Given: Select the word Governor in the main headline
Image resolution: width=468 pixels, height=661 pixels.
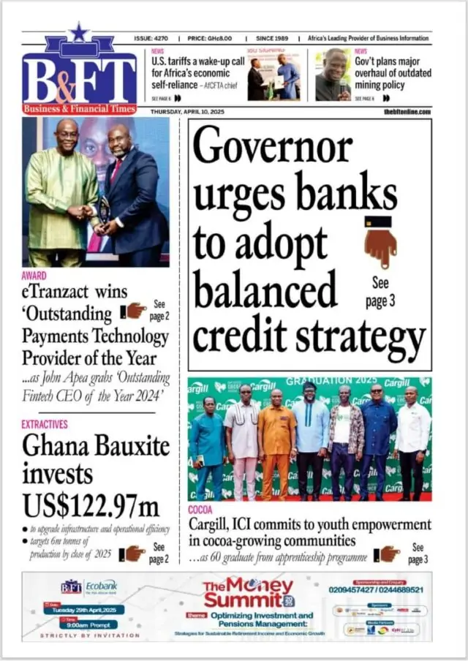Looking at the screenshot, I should click(x=273, y=148).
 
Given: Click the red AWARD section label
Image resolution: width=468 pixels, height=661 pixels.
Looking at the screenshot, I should click(x=34, y=276).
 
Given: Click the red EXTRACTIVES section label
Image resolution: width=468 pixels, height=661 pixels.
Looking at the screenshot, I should click(x=45, y=424).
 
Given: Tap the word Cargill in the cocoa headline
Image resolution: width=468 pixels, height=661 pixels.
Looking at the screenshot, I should click(x=210, y=524).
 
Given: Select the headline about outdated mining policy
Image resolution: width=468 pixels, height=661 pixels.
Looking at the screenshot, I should click(x=392, y=73).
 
